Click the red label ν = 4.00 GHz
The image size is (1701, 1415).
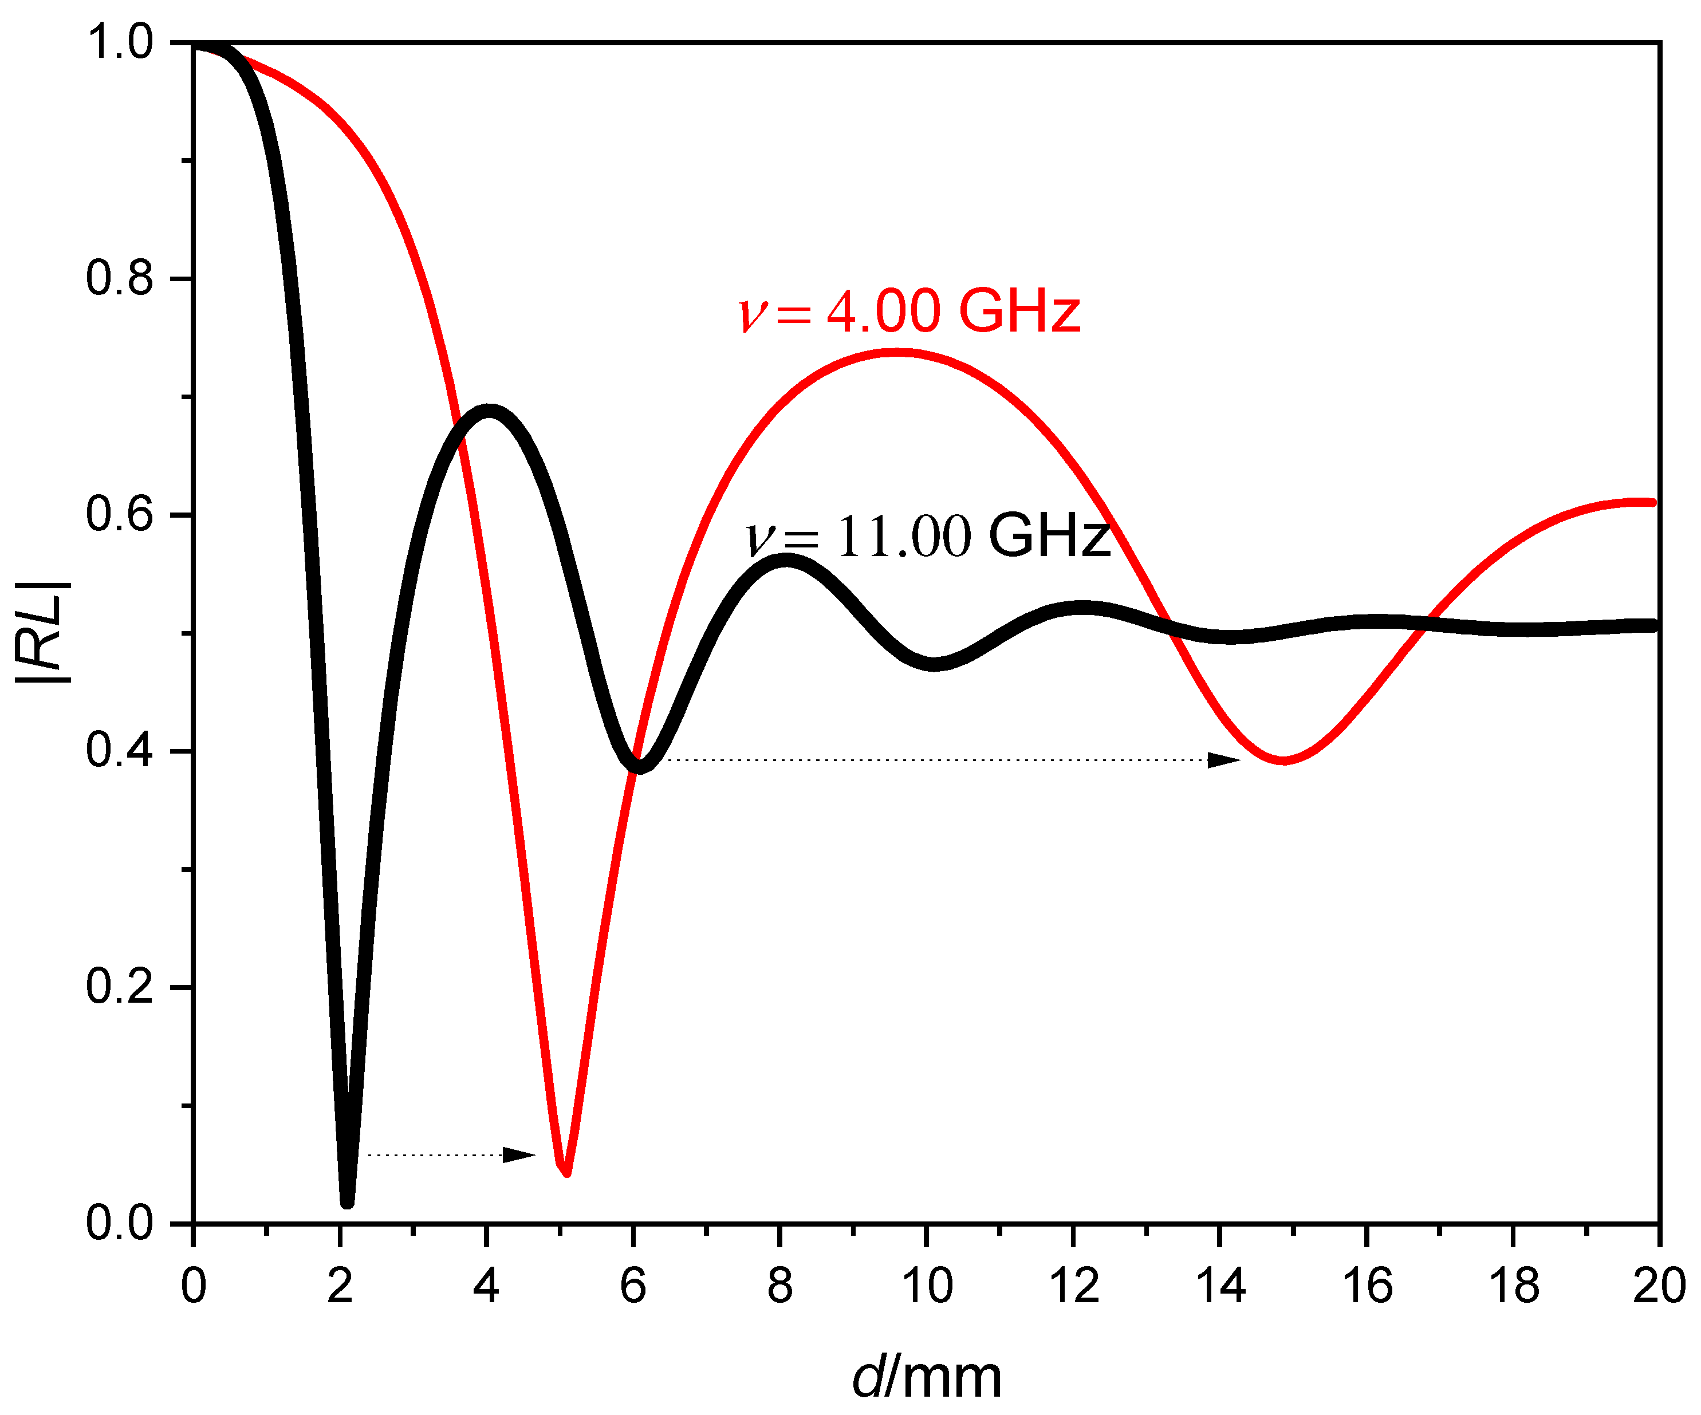point(909,312)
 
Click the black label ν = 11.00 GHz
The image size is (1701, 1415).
point(927,536)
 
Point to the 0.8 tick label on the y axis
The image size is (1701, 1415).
point(120,278)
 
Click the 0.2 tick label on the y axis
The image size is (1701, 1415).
point(120,987)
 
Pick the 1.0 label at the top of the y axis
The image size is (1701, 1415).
point(120,42)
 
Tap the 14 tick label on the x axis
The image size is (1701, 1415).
point(1220,1286)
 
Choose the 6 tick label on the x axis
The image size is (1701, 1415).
point(633,1286)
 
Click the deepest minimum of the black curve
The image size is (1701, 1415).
point(346,1201)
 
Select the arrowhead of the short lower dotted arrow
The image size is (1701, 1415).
point(518,1155)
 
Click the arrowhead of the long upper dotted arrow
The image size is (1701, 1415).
point(1223,760)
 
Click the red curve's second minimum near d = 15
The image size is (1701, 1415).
point(1284,760)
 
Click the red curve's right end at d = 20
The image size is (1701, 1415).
point(1652,503)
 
